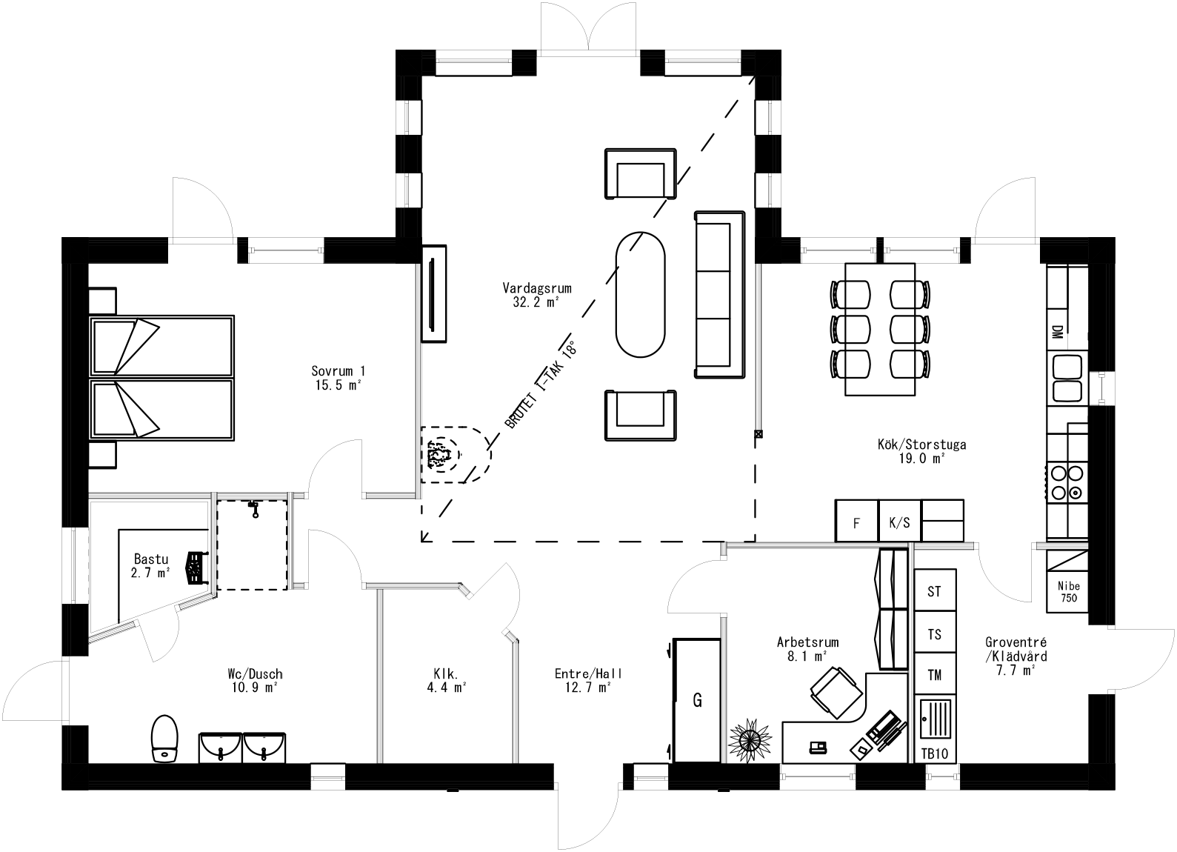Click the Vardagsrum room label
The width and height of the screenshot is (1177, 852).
[536, 295]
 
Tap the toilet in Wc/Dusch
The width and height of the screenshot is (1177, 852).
[164, 739]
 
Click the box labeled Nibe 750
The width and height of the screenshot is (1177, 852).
[1068, 591]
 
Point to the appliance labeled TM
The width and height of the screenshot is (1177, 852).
[935, 674]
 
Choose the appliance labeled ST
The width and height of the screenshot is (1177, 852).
[935, 591]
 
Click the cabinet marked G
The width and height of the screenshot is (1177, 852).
[697, 700]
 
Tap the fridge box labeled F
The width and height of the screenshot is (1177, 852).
[856, 522]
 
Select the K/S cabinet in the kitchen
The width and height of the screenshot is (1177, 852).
[899, 522]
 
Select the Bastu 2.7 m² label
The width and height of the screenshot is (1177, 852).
[152, 565]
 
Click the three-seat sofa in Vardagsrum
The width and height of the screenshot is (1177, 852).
[718, 295]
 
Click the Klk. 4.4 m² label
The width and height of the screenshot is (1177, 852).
[450, 680]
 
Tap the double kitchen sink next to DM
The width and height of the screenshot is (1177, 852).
[1067, 378]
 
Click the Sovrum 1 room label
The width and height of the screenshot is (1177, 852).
[338, 377]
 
